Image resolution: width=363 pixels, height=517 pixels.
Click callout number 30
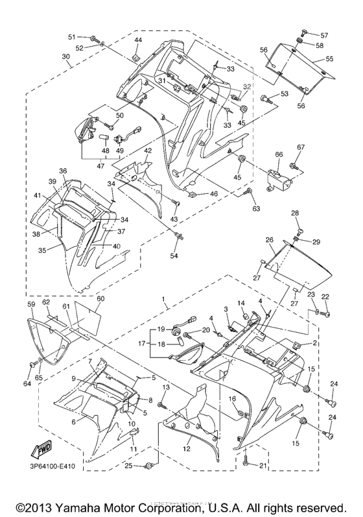pos(65,56)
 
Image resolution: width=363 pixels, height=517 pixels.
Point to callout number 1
pos(165,302)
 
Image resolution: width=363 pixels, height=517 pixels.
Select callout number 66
pos(279,154)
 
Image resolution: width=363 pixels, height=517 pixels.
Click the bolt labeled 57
pos(303,32)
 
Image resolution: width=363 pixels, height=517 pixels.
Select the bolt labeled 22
pos(325,315)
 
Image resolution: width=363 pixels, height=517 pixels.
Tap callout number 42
pos(148,150)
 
